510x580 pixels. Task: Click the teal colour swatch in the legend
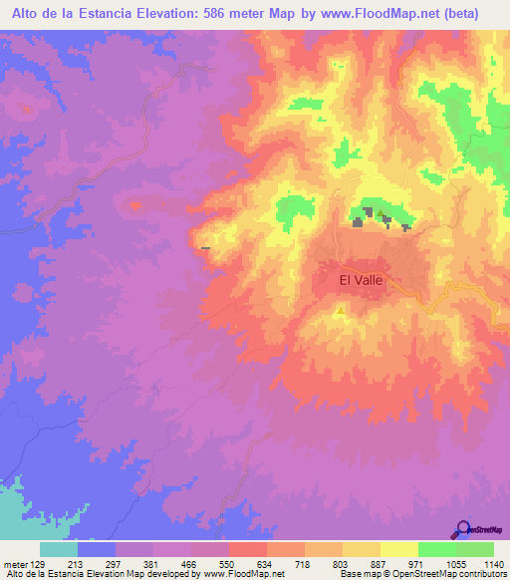click(59, 549)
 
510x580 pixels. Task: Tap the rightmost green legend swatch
click(475, 549)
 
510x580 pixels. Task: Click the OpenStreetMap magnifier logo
click(464, 529)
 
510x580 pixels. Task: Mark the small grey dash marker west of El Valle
click(205, 247)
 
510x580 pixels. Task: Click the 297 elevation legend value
click(115, 565)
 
